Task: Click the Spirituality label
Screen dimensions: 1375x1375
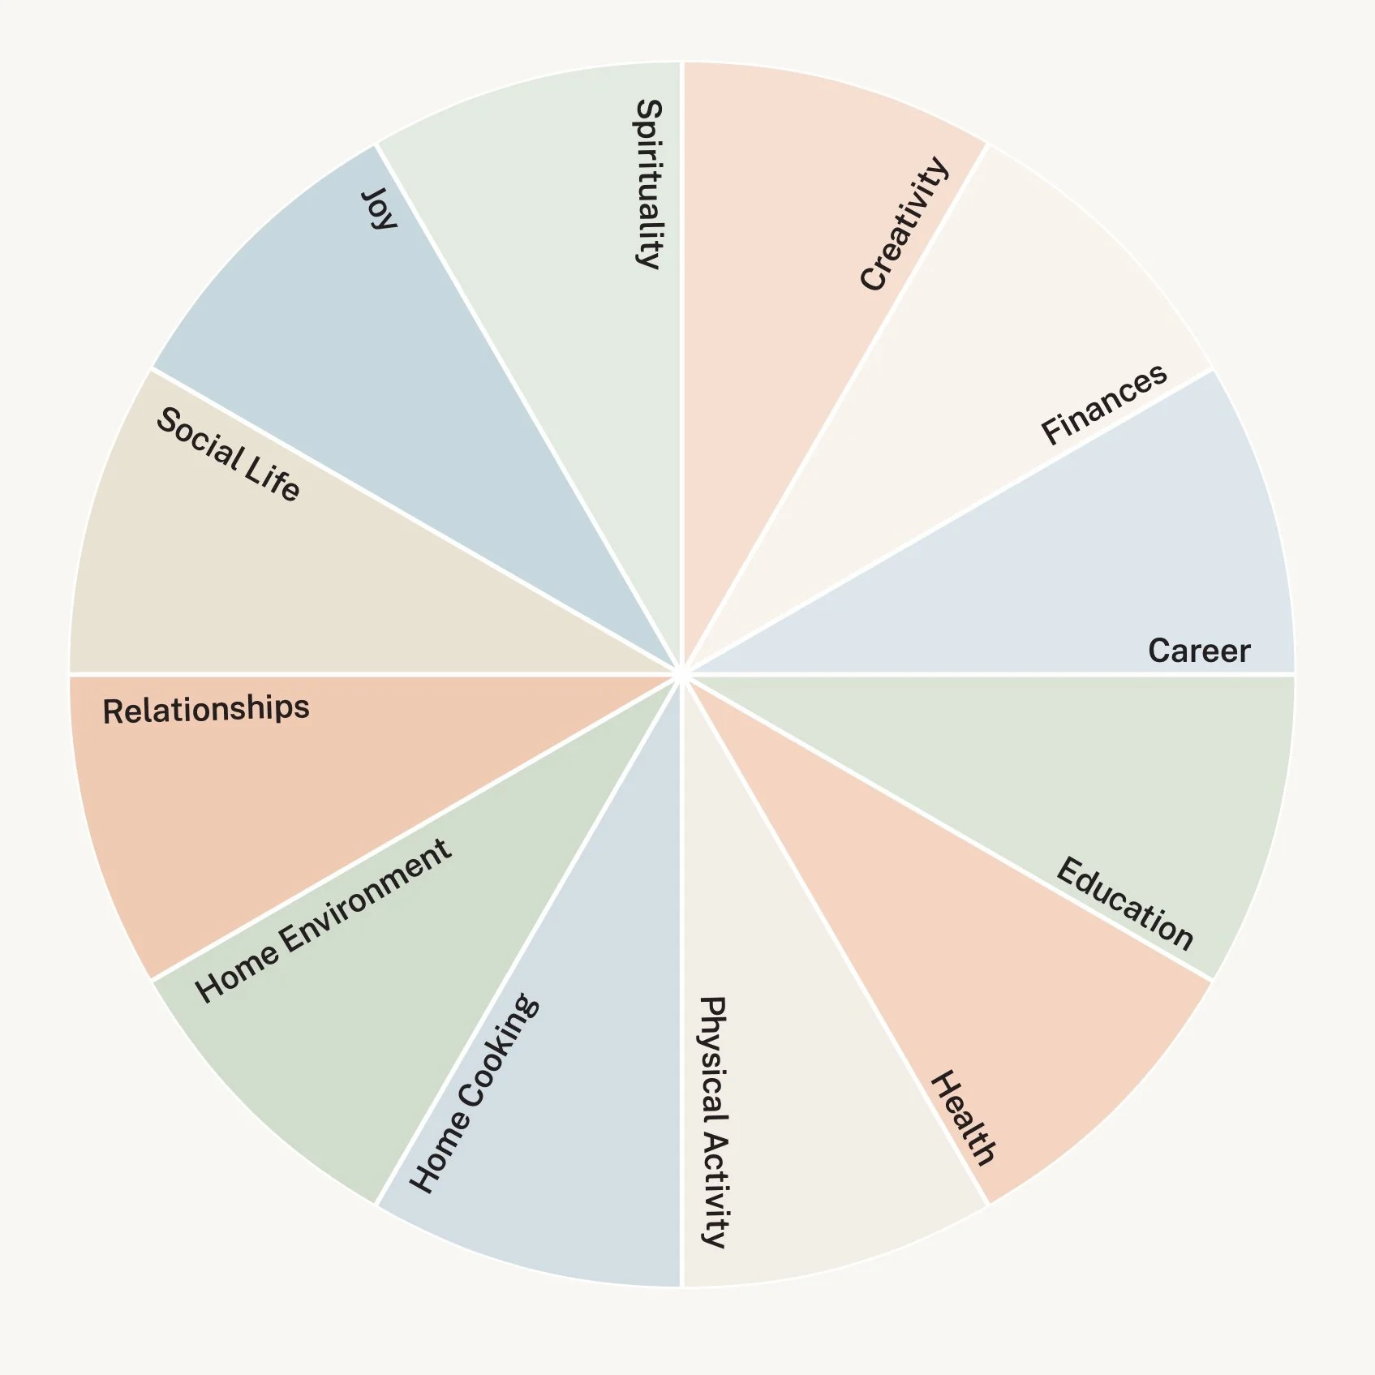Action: click(648, 184)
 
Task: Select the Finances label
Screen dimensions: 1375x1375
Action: click(1104, 403)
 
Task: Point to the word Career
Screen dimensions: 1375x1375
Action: click(1199, 651)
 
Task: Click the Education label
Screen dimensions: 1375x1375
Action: click(1125, 903)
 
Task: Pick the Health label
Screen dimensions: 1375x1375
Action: click(963, 1118)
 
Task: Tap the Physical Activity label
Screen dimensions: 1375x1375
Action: click(713, 1121)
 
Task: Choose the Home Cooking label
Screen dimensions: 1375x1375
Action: click(474, 1093)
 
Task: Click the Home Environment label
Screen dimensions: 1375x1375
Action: click(324, 920)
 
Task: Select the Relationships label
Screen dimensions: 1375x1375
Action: click(206, 710)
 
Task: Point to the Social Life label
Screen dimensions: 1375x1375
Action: click(228, 455)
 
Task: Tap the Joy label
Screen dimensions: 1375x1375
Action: click(379, 208)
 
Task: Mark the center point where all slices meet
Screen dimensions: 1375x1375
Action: click(682, 674)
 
